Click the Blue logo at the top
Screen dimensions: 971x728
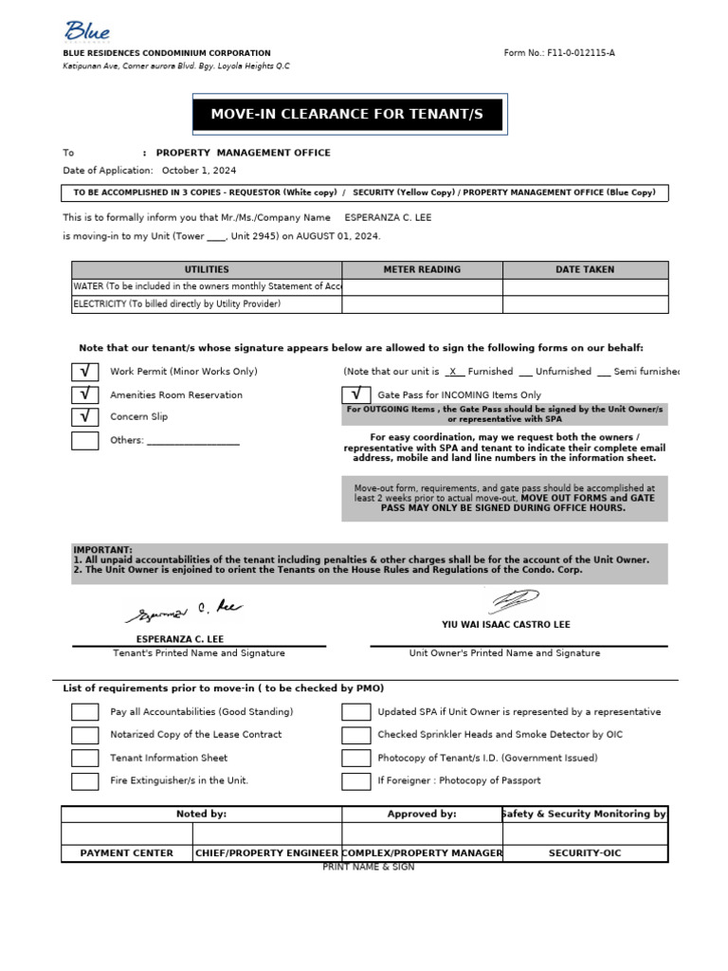point(87,32)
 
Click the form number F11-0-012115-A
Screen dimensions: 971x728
point(559,53)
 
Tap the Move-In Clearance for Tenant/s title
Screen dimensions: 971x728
point(347,115)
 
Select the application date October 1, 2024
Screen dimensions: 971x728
point(199,171)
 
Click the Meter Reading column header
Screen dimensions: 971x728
point(422,270)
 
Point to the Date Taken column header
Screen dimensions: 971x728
point(585,270)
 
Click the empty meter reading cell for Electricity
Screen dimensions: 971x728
point(422,304)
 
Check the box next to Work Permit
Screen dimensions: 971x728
point(85,372)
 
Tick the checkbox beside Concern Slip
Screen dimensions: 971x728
point(85,417)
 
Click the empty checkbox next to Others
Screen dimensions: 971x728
point(85,440)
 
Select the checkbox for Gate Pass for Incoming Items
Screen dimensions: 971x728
point(355,394)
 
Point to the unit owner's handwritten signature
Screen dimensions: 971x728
point(512,600)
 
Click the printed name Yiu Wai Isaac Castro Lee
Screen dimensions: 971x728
point(506,625)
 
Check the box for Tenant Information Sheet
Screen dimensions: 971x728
point(85,758)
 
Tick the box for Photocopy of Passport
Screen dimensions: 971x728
point(355,781)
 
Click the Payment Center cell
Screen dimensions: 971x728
point(127,853)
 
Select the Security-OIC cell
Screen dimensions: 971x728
point(585,853)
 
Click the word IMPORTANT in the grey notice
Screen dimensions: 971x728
point(103,550)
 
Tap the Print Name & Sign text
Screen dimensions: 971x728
point(369,868)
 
